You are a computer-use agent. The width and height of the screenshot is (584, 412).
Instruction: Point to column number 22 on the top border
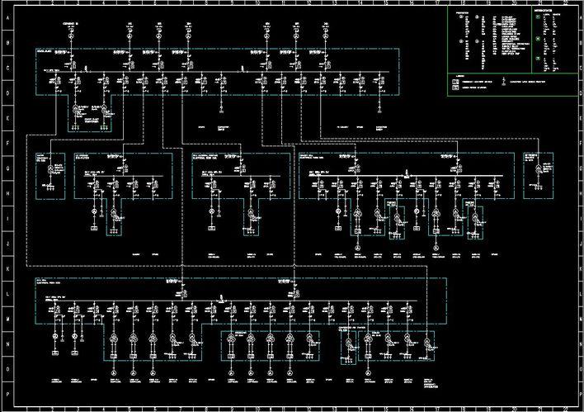(564, 4)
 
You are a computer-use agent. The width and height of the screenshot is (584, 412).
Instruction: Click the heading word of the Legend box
(458, 77)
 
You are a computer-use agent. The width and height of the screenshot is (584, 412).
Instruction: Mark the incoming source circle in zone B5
(129, 36)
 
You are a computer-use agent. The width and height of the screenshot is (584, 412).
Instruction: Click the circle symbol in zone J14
(358, 247)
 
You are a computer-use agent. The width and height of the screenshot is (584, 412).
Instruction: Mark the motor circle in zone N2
(56, 338)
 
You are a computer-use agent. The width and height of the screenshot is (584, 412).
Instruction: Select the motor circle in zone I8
(210, 212)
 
